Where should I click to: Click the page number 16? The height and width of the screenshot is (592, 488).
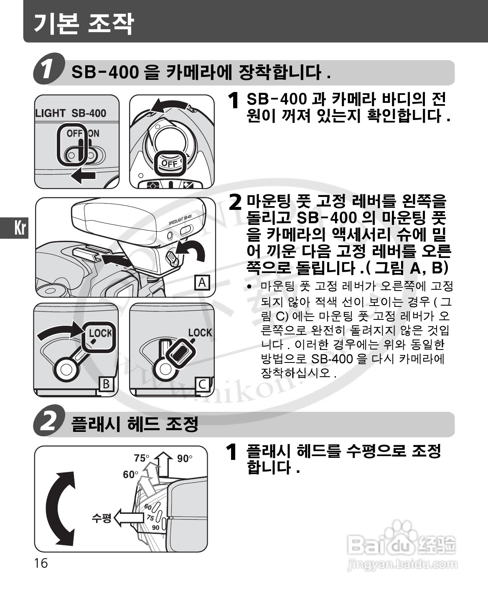point(41,563)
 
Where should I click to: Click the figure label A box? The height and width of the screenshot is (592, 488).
point(202,283)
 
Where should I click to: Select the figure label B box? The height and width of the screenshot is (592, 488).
point(106,384)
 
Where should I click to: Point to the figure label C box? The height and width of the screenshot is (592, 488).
point(202,385)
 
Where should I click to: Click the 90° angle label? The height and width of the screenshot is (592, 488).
point(185,459)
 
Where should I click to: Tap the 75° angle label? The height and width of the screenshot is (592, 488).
point(141,458)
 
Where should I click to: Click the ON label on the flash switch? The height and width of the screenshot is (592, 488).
point(94,133)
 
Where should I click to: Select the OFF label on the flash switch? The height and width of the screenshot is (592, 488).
point(74,133)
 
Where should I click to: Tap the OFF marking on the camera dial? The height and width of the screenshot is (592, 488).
point(170,163)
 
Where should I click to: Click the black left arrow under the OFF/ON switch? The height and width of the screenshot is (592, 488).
point(83,176)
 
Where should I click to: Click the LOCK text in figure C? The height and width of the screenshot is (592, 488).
point(200,332)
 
